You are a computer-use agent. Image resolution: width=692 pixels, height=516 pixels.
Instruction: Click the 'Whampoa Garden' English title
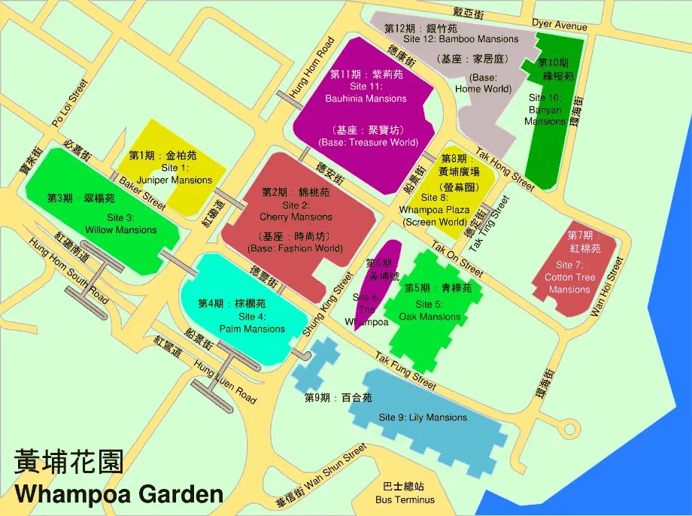point(119,494)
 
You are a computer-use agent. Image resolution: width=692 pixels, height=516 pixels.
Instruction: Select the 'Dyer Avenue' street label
point(559,25)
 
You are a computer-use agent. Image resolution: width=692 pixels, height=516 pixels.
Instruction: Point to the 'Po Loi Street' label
point(69,103)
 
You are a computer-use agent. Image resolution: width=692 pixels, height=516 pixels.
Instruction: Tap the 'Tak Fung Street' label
point(405,373)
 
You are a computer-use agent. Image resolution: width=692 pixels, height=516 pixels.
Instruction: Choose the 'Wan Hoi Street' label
point(607,287)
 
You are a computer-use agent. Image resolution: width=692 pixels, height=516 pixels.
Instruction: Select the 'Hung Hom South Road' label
point(68,272)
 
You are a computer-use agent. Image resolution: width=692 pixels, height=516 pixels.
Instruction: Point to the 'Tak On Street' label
point(457,259)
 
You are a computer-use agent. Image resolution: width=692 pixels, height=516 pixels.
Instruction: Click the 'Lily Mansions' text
point(423,417)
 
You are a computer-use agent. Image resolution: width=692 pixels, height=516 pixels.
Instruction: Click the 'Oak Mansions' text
point(429,317)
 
